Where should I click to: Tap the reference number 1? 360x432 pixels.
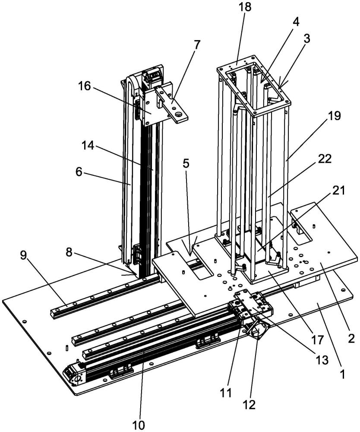point(343,374)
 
